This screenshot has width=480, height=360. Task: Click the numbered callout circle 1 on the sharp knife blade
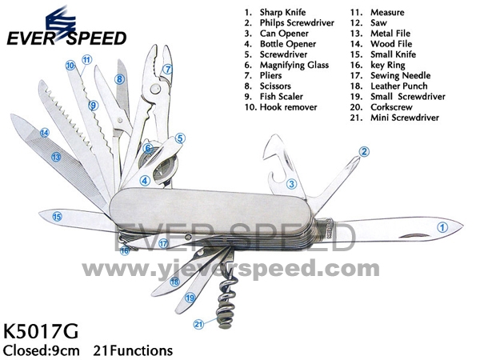tap(441, 226)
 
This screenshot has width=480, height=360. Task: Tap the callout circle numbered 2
tap(364, 151)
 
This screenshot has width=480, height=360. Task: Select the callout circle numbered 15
tap(58, 215)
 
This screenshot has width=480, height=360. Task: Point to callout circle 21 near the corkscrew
tap(198, 323)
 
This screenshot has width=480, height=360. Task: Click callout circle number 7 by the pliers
tap(167, 69)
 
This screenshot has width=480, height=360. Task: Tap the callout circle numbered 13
tap(57, 158)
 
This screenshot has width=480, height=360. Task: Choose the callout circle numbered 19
tap(190, 298)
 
